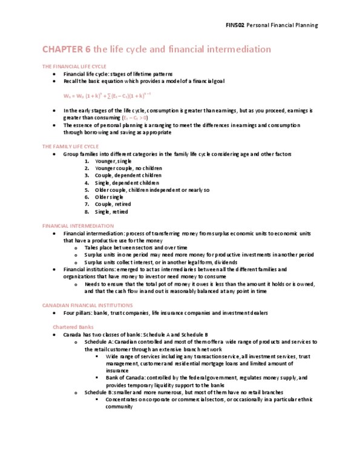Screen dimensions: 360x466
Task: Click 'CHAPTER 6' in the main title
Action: coord(65,49)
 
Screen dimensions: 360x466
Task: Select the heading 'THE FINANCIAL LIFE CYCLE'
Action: coord(69,65)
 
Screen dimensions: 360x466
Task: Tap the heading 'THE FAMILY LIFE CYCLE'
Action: coord(67,146)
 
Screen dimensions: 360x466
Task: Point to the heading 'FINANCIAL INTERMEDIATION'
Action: coord(70,225)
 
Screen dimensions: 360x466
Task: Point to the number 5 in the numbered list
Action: coord(87,190)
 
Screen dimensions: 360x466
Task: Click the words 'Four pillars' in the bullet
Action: coord(77,313)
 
